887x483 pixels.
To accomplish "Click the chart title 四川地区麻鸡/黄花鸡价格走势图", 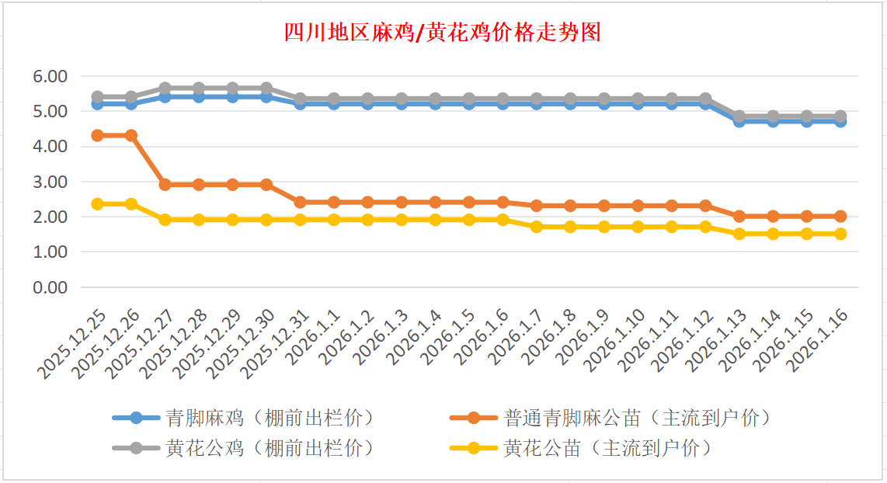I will coord(443,33).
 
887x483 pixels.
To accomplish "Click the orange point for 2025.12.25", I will coord(98,135).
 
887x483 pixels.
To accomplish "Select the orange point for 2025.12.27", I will coord(165,185).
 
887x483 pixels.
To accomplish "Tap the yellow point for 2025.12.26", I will coord(131,203).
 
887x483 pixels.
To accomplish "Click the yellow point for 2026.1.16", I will coord(840,234).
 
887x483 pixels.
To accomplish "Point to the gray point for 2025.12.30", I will coord(266,88).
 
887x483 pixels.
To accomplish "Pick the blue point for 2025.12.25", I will coord(98,103).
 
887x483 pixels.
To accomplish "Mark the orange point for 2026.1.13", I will coord(739,217).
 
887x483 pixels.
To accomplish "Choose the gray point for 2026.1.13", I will coord(739,116).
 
